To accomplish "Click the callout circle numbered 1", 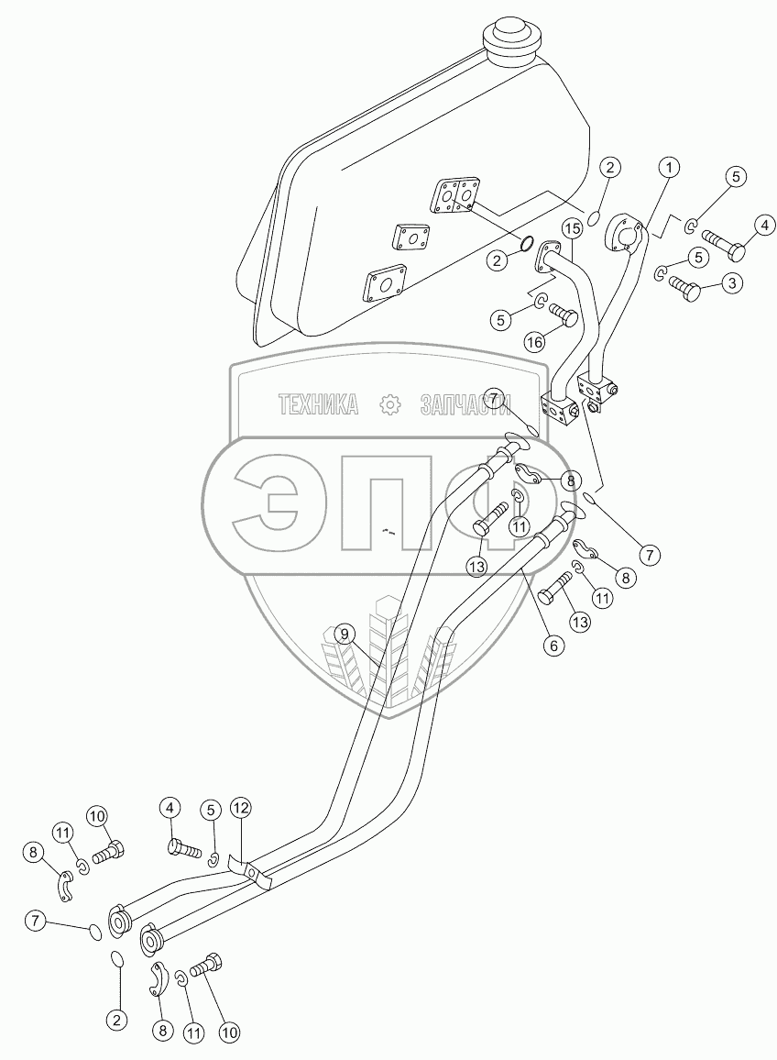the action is click(x=669, y=167).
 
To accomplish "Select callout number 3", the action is click(x=732, y=284).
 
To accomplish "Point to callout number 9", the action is click(x=345, y=635).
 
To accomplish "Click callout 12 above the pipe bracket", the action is click(x=241, y=807).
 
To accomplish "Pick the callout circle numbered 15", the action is click(x=573, y=229).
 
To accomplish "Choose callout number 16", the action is click(x=534, y=343).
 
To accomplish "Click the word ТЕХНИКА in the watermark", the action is click(x=318, y=405).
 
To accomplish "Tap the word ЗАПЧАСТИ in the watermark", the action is click(x=466, y=405).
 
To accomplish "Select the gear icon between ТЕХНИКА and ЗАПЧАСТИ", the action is click(x=389, y=405).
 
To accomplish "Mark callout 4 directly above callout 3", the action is click(x=764, y=226).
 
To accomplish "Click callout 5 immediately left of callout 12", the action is click(x=210, y=809).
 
